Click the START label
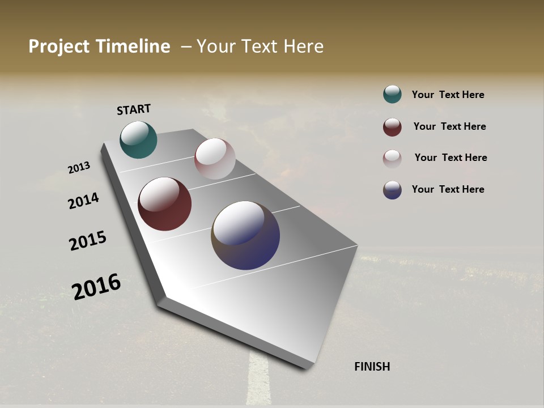pyautogui.click(x=134, y=109)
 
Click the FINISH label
pyautogui.click(x=372, y=367)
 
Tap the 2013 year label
pyautogui.click(x=79, y=168)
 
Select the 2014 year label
pyautogui.click(x=83, y=201)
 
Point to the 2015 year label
pyautogui.click(x=88, y=241)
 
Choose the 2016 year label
pyautogui.click(x=96, y=287)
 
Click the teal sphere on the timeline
pyautogui.click(x=138, y=140)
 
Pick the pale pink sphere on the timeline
pyautogui.click(x=215, y=159)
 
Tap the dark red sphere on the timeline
pyautogui.click(x=164, y=204)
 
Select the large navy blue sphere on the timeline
pyautogui.click(x=245, y=235)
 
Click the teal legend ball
pyautogui.click(x=392, y=94)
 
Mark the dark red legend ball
pyautogui.click(x=392, y=127)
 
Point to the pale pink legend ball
pyautogui.click(x=392, y=159)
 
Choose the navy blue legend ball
pyautogui.click(x=392, y=190)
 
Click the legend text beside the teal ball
pyautogui.click(x=448, y=95)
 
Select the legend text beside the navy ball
pyautogui.click(x=448, y=189)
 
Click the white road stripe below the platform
pyautogui.click(x=258, y=380)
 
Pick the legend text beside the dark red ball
pyautogui.click(x=449, y=126)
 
